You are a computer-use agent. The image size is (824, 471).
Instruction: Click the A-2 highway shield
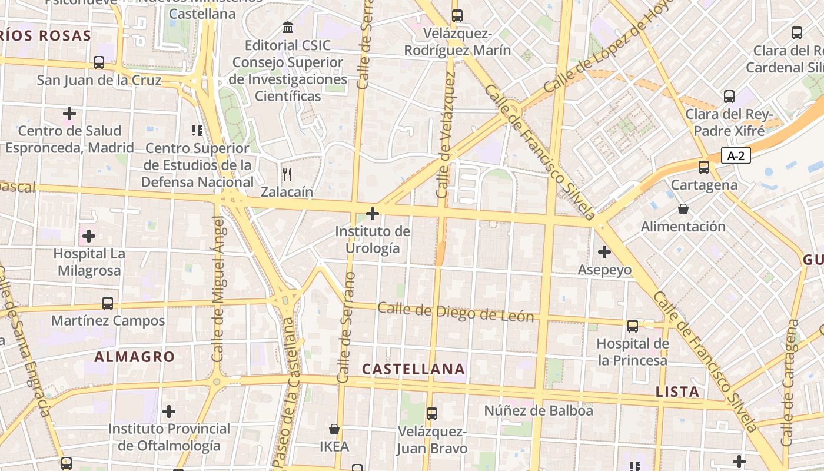click(x=736, y=156)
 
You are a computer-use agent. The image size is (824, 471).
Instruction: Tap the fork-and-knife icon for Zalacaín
click(x=287, y=174)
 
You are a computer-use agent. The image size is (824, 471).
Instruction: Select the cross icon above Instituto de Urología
click(x=373, y=213)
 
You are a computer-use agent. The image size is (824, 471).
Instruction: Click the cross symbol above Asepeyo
click(x=604, y=252)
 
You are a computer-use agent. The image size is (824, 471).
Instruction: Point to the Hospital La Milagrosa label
click(x=88, y=263)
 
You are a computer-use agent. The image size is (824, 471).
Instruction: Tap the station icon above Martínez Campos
click(x=108, y=303)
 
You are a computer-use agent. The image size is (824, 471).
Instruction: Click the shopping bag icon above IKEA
click(x=334, y=429)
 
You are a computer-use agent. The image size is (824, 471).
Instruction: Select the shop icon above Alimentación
click(x=683, y=209)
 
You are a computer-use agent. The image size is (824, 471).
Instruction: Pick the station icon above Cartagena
click(x=704, y=167)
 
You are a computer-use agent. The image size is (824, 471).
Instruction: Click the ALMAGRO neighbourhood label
click(x=135, y=357)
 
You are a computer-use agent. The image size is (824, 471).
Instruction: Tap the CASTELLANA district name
click(x=413, y=369)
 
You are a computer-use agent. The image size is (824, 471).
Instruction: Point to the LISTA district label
click(x=677, y=392)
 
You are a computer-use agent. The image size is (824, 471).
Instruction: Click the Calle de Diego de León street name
click(x=456, y=312)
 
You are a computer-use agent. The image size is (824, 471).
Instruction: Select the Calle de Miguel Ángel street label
click(x=218, y=288)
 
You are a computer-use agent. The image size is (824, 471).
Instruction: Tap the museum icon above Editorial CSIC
click(x=288, y=28)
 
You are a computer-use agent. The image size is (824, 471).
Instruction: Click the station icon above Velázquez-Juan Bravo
click(x=432, y=414)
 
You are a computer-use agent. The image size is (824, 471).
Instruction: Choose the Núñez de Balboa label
click(x=539, y=410)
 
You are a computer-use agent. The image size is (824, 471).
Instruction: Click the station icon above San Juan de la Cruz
click(x=99, y=62)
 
